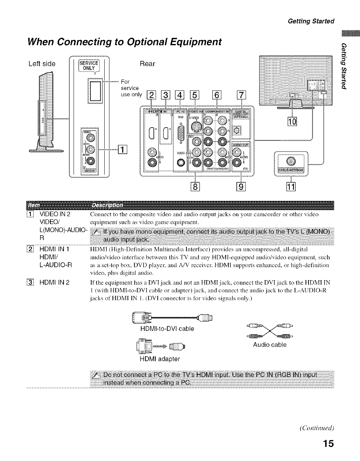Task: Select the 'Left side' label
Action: point(42,64)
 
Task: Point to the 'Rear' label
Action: point(147,64)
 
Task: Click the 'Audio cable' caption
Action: point(270,345)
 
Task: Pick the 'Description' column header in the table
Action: point(107,205)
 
